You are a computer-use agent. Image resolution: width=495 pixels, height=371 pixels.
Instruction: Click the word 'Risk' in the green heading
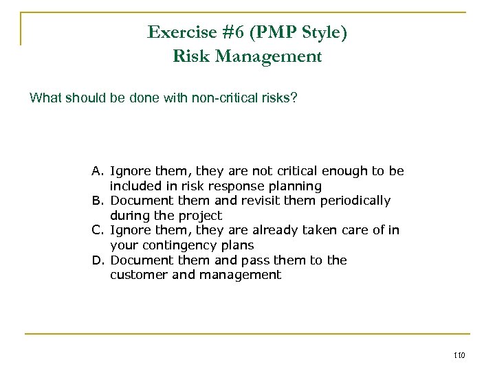click(x=188, y=56)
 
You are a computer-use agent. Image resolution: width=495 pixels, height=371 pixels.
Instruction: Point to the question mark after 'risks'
click(x=295, y=98)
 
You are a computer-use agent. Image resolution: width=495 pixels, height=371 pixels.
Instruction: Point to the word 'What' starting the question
click(x=43, y=98)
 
